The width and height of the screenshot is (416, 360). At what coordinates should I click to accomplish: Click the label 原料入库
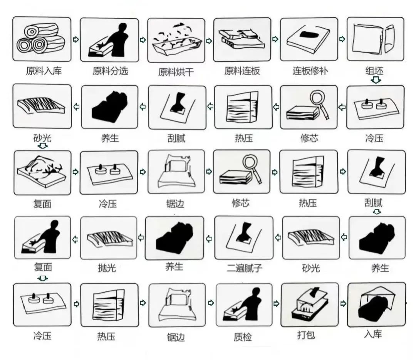pos(44,71)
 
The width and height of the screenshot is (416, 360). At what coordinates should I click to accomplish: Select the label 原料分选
pos(110,71)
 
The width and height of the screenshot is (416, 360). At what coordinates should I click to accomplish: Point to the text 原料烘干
pos(176,72)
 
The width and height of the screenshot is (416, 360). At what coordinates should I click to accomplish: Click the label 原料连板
pos(242,71)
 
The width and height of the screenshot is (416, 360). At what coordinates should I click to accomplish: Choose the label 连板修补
pos(310,71)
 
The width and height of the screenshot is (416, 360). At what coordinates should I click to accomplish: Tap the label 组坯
pos(374,71)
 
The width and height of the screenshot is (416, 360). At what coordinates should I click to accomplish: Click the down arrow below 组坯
pos(376,80)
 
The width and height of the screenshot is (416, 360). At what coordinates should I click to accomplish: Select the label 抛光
pos(107,268)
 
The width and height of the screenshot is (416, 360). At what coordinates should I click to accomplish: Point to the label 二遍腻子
pos(244,268)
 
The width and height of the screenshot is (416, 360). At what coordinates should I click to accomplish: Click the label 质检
pos(243,337)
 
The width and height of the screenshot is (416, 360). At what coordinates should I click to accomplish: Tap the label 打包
pos(306,335)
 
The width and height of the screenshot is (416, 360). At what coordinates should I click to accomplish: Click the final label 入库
pos(373,334)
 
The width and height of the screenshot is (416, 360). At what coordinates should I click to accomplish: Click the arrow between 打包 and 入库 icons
pos(343,303)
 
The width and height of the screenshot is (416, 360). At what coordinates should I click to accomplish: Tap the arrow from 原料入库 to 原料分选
pos(76,40)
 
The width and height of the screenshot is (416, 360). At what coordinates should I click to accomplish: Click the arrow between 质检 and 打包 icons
pos(276,303)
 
